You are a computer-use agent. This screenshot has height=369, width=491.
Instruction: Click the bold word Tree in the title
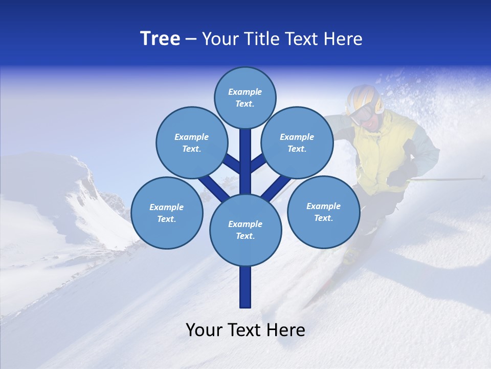(x=160, y=39)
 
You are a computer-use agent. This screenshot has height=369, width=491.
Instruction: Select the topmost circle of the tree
(x=245, y=97)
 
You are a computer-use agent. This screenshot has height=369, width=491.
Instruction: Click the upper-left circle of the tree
(x=191, y=142)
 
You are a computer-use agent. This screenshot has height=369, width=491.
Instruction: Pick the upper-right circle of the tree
(x=297, y=142)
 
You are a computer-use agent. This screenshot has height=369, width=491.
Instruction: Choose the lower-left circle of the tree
(x=166, y=213)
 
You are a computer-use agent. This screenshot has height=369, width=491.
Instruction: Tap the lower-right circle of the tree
(x=323, y=212)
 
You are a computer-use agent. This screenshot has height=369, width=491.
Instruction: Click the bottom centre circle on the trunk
(x=245, y=230)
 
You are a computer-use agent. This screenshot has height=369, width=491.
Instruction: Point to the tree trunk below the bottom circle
(x=245, y=287)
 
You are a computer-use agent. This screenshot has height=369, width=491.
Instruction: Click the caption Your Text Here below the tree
(x=245, y=330)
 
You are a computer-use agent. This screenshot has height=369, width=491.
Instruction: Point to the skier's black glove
(x=399, y=176)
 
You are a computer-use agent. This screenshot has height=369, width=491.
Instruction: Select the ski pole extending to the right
(x=450, y=179)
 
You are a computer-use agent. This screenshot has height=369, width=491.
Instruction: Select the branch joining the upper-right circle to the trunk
(x=257, y=165)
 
